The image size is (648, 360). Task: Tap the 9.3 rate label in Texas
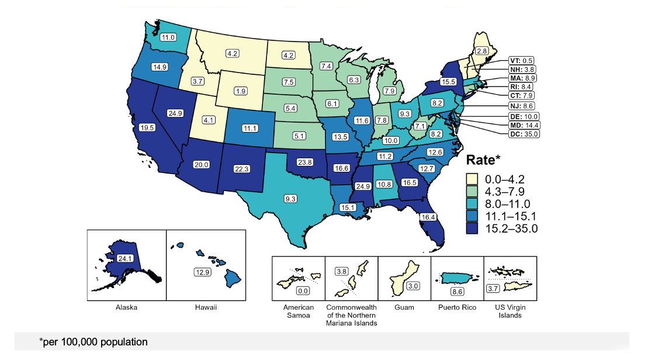click(x=290, y=199)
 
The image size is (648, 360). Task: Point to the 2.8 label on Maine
click(x=482, y=51)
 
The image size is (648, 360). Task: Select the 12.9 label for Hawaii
click(x=202, y=272)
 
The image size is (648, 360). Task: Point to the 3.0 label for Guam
click(x=412, y=286)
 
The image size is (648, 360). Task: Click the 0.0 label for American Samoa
click(x=303, y=290)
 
